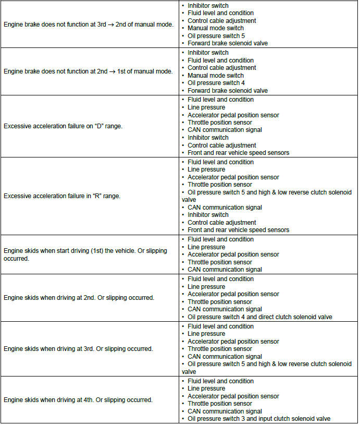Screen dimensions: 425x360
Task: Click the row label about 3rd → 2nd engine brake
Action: pyautogui.click(x=89, y=25)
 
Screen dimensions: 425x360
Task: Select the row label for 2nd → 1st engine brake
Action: pyautogui.click(x=89, y=71)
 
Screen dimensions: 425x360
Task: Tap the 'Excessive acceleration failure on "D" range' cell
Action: pyautogui.click(x=63, y=126)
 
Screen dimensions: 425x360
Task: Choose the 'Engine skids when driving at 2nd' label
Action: pyautogui.click(x=79, y=298)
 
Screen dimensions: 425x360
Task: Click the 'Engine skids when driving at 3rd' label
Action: pyautogui.click(x=78, y=349)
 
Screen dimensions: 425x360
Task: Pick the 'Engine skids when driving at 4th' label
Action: pyautogui.click(x=78, y=400)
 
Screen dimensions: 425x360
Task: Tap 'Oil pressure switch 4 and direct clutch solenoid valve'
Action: pyautogui.click(x=259, y=317)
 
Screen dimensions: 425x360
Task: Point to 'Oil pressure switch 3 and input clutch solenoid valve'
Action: pyautogui.click(x=259, y=419)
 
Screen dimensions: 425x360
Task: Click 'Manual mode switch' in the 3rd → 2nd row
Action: pyautogui.click(x=215, y=28)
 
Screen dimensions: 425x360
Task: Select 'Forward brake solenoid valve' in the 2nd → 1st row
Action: pyautogui.click(x=228, y=91)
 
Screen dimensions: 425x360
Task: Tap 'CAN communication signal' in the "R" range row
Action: pyautogui.click(x=225, y=208)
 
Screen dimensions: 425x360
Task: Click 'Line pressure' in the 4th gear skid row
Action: pyautogui.click(x=206, y=388)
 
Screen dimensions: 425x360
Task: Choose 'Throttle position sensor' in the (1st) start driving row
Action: pyautogui.click(x=220, y=262)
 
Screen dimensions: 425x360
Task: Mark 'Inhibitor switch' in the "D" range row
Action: pyautogui.click(x=208, y=138)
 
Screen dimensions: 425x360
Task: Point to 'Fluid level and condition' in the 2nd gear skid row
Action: pyautogui.click(x=220, y=279)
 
